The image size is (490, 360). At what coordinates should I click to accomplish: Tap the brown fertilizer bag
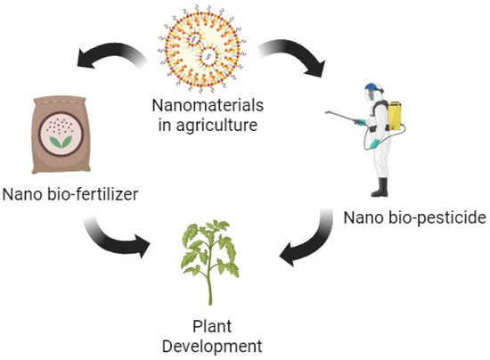(x=62, y=133)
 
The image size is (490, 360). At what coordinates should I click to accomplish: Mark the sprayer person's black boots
(x=381, y=188)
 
